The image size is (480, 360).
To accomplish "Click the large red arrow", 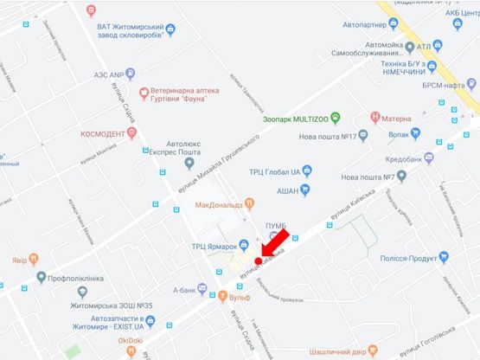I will pyautogui.click(x=276, y=245).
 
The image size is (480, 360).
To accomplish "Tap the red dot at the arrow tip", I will pyautogui.click(x=259, y=260).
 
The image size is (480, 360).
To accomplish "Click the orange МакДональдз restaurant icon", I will pyautogui.click(x=249, y=203).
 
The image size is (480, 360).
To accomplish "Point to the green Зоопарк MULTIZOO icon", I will pyautogui.click(x=336, y=117).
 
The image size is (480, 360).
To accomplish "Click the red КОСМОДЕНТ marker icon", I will pyautogui.click(x=131, y=133).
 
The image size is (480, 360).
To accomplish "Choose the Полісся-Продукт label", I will pyautogui.click(x=405, y=257).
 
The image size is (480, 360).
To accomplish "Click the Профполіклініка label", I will pyautogui.click(x=86, y=278).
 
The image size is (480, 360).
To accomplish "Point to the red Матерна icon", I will pyautogui.click(x=374, y=115).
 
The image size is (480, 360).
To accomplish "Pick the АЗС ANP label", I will pyautogui.click(x=111, y=74).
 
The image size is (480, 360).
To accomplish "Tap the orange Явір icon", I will pyautogui.click(x=33, y=259).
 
